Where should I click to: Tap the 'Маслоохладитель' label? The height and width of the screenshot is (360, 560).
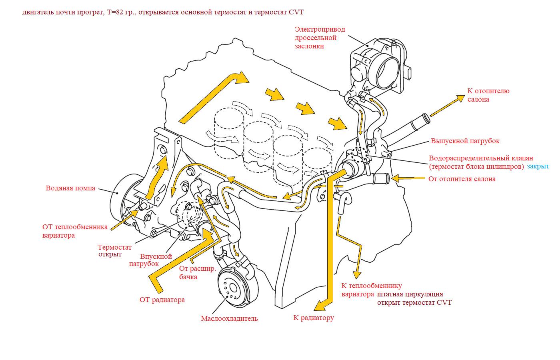coord(229,318)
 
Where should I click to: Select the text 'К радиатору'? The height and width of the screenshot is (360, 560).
coord(314,318)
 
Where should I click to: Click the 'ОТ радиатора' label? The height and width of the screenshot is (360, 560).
coord(162,300)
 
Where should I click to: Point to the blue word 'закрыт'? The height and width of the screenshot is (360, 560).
coord(538,166)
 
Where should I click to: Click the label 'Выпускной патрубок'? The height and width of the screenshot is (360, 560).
coord(465,141)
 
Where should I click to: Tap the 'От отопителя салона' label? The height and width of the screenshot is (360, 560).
coord(462,179)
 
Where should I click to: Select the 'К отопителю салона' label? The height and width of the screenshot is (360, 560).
coord(488,95)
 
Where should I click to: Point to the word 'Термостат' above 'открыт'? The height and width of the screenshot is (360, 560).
coord(114,247)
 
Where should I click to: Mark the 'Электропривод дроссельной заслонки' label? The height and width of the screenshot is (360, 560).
coord(320,38)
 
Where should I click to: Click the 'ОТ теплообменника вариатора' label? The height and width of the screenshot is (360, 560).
coord(75,231)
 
